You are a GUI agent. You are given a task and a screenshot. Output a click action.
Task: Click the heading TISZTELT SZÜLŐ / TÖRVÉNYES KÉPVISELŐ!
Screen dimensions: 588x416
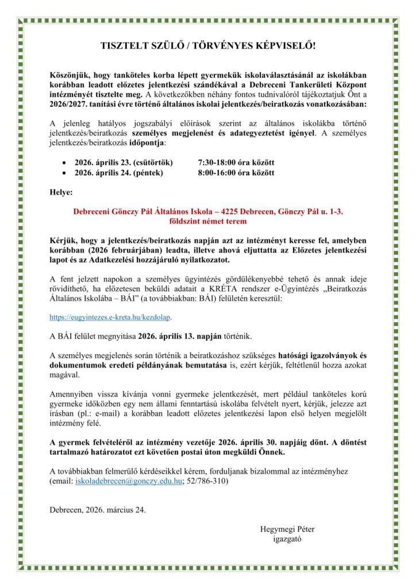click(208, 46)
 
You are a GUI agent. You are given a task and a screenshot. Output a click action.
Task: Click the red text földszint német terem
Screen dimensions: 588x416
click(208, 220)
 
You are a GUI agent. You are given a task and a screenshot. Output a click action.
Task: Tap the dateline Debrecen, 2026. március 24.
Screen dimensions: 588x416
click(98, 509)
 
